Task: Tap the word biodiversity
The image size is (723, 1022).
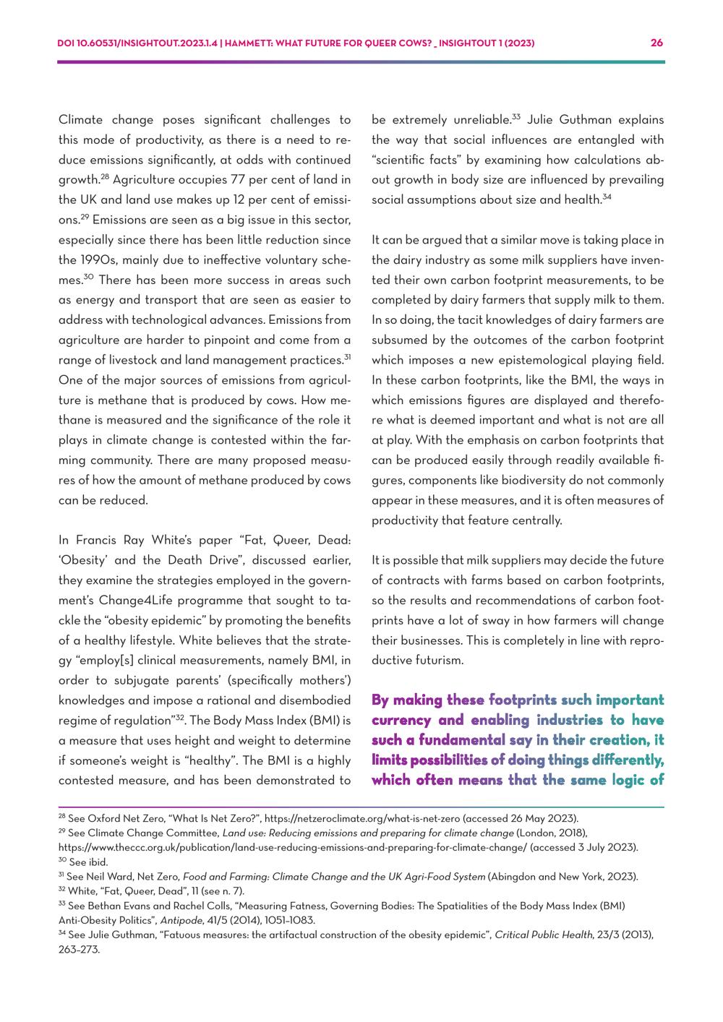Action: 539,480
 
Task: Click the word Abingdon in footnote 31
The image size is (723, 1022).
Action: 514,877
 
